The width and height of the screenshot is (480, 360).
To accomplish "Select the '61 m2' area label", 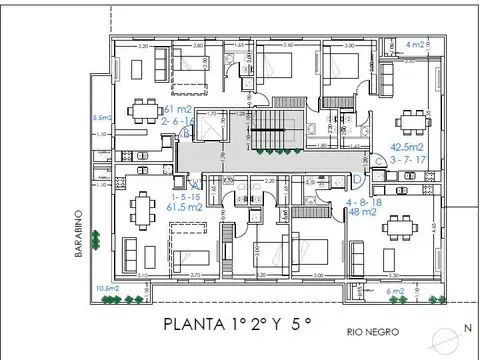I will coord(177,109).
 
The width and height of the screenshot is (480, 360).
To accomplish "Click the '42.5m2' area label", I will coord(409,145).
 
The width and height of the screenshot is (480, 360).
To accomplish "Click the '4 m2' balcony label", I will coord(416,45).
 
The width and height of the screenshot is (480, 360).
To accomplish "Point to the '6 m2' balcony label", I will coord(395,291).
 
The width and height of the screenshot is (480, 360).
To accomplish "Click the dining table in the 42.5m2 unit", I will coord(410,120).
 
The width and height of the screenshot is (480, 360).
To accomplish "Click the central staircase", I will coord(267,130).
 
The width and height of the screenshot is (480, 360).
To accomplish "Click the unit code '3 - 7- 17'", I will coord(409,158).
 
